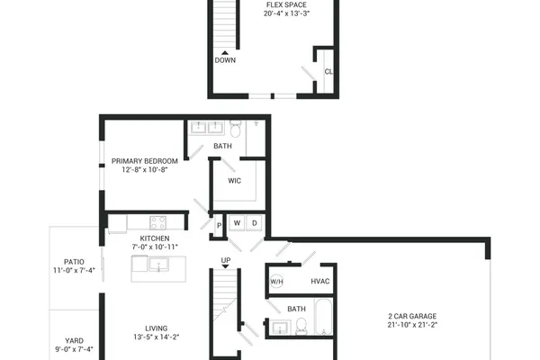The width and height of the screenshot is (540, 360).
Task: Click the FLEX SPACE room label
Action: point(286,4)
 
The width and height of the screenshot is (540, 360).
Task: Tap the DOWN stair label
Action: point(225,60)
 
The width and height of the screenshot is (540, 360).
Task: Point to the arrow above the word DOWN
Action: point(225,53)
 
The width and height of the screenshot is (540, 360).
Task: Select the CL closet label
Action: point(328,72)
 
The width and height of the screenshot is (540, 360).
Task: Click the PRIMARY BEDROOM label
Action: point(145,161)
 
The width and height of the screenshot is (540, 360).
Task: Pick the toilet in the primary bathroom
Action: point(236,129)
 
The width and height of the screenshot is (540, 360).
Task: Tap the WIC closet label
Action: point(235,181)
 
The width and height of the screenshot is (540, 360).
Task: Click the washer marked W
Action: point(237,223)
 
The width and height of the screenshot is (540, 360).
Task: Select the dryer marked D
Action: point(255,223)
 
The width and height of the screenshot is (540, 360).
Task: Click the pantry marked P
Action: point(219,226)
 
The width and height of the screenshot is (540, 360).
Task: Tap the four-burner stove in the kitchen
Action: point(158,222)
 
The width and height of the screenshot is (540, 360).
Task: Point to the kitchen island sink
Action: point(158,265)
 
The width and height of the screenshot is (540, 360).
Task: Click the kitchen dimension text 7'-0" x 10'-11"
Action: point(155,247)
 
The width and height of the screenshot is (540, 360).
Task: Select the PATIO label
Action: point(74,262)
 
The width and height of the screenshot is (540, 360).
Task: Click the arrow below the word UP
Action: point(226,266)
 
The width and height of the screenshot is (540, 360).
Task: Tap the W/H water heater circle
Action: point(276,282)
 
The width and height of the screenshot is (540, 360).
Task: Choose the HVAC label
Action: point(320,282)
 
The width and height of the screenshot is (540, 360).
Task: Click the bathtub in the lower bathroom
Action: point(324,317)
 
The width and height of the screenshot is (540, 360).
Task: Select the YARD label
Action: point(74,341)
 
